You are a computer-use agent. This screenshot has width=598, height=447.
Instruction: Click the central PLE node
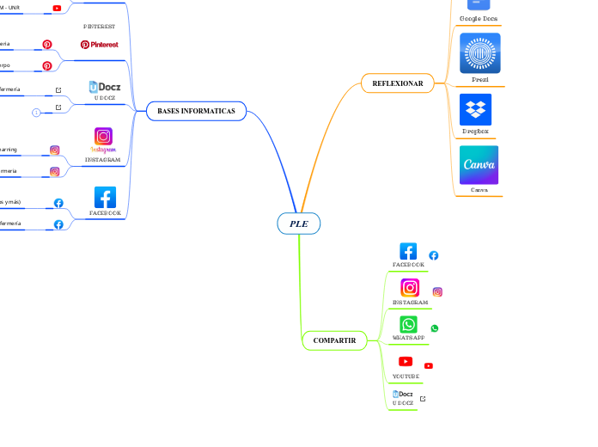(299, 223)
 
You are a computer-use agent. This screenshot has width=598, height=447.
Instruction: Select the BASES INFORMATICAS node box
(196, 111)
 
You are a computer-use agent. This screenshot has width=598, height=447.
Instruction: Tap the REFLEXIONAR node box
(397, 83)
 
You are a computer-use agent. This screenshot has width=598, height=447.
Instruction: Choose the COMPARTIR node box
(334, 340)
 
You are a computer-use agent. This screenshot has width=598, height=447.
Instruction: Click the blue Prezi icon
(479, 53)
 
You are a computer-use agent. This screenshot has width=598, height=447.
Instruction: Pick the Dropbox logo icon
(479, 109)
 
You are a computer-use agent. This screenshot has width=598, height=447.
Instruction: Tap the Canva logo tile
(479, 164)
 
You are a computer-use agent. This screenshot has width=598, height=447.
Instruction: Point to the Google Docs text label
(479, 18)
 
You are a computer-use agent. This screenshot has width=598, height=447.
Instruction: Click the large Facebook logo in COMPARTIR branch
(408, 251)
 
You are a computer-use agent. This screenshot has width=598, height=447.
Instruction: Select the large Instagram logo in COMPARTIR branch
(410, 288)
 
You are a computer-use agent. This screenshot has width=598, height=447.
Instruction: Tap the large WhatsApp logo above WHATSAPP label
(408, 324)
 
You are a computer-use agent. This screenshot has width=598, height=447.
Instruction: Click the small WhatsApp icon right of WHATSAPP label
(435, 328)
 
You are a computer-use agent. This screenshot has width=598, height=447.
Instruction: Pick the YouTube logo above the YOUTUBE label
(406, 362)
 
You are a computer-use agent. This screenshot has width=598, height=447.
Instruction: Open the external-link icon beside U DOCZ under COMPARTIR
(423, 399)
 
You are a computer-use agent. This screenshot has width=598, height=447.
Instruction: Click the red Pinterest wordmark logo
(100, 44)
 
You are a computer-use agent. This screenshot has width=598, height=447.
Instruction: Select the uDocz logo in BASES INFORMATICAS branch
(105, 87)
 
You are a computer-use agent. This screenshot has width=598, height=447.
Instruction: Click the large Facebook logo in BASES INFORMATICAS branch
(105, 197)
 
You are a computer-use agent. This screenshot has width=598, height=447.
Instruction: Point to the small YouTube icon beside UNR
(57, 8)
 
